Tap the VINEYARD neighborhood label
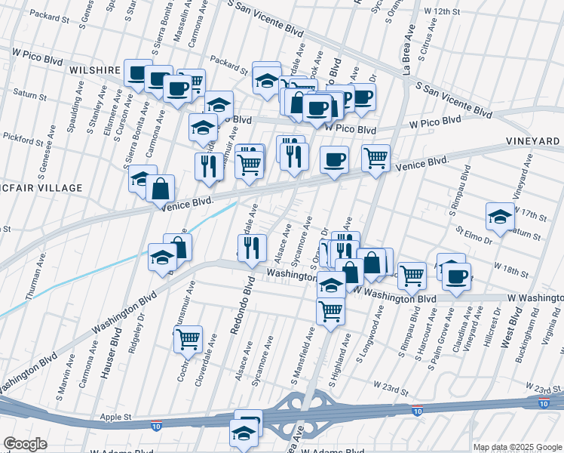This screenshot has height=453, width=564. (x=536, y=141)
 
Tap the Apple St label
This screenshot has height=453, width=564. (x=116, y=416)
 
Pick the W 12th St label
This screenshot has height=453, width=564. (x=442, y=12)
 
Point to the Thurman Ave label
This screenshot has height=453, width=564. (x=35, y=277)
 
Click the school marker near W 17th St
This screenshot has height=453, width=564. (x=499, y=215)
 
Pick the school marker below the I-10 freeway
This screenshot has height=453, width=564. (x=243, y=434)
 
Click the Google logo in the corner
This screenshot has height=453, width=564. (x=26, y=444)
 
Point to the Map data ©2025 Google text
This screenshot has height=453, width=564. (x=516, y=447)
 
